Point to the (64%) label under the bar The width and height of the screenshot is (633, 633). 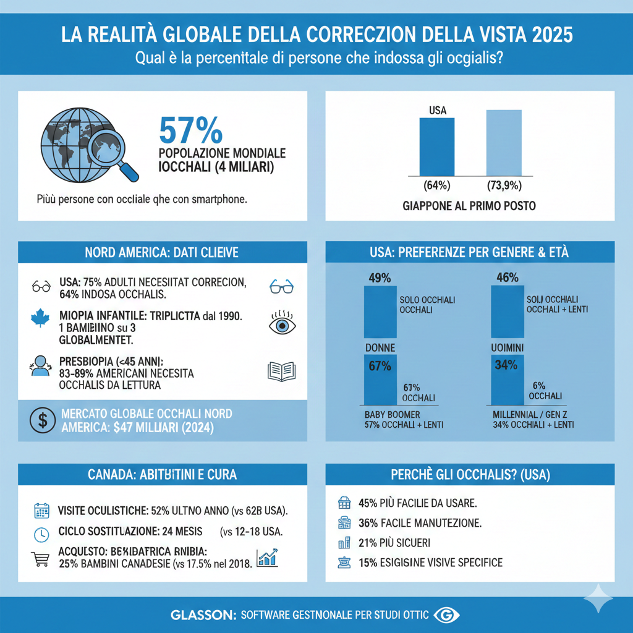coord(437,185)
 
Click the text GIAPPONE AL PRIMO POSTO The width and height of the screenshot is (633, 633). coord(470,206)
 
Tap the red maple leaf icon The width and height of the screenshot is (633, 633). coord(40,320)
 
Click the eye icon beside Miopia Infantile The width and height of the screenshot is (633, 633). coord(281,325)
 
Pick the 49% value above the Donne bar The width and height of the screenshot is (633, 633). coord(380,278)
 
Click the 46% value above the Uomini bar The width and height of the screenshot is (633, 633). coord(508,278)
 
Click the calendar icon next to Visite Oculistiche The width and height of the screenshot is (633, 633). coord(41,511)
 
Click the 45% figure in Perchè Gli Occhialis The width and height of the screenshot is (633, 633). coord(368,503)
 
